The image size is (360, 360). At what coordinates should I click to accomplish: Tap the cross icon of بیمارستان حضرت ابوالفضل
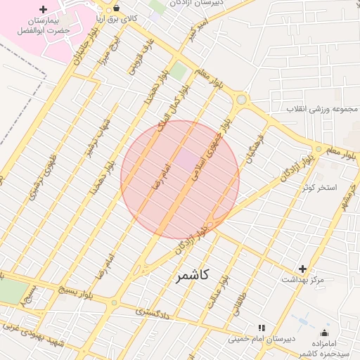[x=44, y=10]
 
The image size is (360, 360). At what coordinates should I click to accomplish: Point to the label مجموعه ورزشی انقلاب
[x=323, y=110]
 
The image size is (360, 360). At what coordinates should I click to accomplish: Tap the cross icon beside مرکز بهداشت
[x=303, y=269]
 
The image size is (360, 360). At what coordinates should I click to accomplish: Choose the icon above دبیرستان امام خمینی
[x=262, y=328]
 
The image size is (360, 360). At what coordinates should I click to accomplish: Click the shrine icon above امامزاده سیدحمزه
[x=324, y=333]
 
